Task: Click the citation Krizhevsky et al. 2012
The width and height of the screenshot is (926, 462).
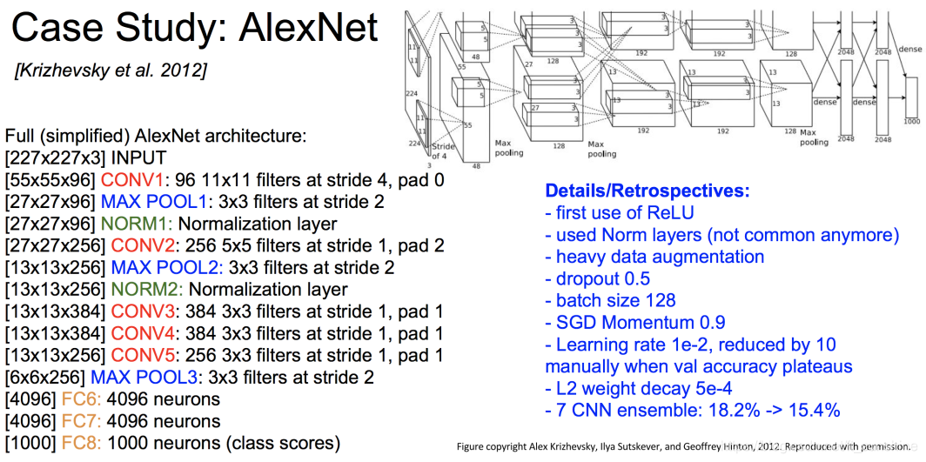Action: click(111, 70)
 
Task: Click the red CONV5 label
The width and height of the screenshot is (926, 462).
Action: click(138, 356)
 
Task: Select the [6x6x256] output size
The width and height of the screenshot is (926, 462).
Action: click(45, 378)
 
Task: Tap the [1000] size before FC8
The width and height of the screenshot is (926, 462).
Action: click(29, 443)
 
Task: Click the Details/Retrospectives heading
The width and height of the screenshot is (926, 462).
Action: click(647, 191)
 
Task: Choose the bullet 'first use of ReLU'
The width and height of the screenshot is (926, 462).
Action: click(619, 213)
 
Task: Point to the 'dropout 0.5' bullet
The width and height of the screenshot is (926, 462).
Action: click(597, 278)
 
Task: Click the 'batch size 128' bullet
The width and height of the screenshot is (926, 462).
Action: click(610, 300)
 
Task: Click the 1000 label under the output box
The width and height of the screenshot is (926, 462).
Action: click(911, 121)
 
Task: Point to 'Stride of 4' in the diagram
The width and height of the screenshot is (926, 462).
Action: click(442, 150)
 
